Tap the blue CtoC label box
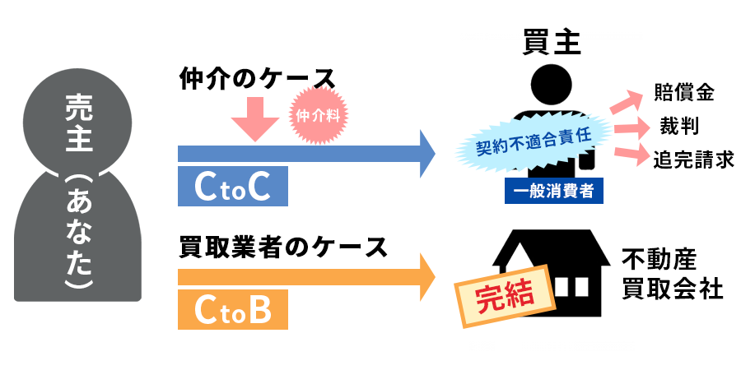point(233,187)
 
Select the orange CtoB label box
point(233,310)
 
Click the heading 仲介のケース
point(258,79)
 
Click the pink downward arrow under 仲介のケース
point(256,120)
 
